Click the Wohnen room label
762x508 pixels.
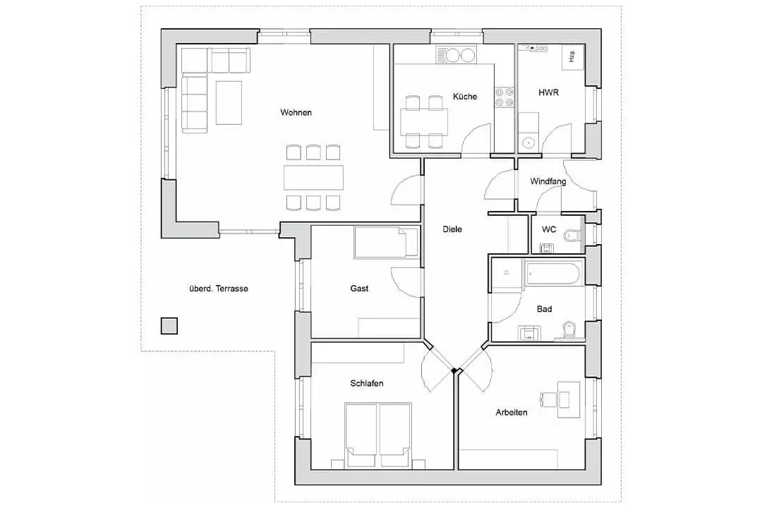tap(296, 112)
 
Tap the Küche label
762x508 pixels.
tap(465, 96)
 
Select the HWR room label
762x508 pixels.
tap(549, 92)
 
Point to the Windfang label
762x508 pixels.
tap(548, 181)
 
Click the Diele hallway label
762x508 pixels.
tap(452, 229)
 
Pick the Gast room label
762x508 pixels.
tap(360, 289)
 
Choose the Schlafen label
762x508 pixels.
tap(367, 383)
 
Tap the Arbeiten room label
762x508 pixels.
tap(512, 412)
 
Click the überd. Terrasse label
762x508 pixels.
tap(219, 289)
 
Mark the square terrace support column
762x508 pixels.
tap(169, 326)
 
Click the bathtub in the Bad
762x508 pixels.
tap(553, 273)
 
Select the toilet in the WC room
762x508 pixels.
tap(572, 235)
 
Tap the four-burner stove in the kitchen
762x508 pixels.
tap(504, 97)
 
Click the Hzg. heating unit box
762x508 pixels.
tap(574, 58)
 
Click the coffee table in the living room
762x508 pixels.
tap(229, 102)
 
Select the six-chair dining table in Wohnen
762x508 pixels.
tap(313, 177)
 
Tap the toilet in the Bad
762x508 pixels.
tap(569, 330)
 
